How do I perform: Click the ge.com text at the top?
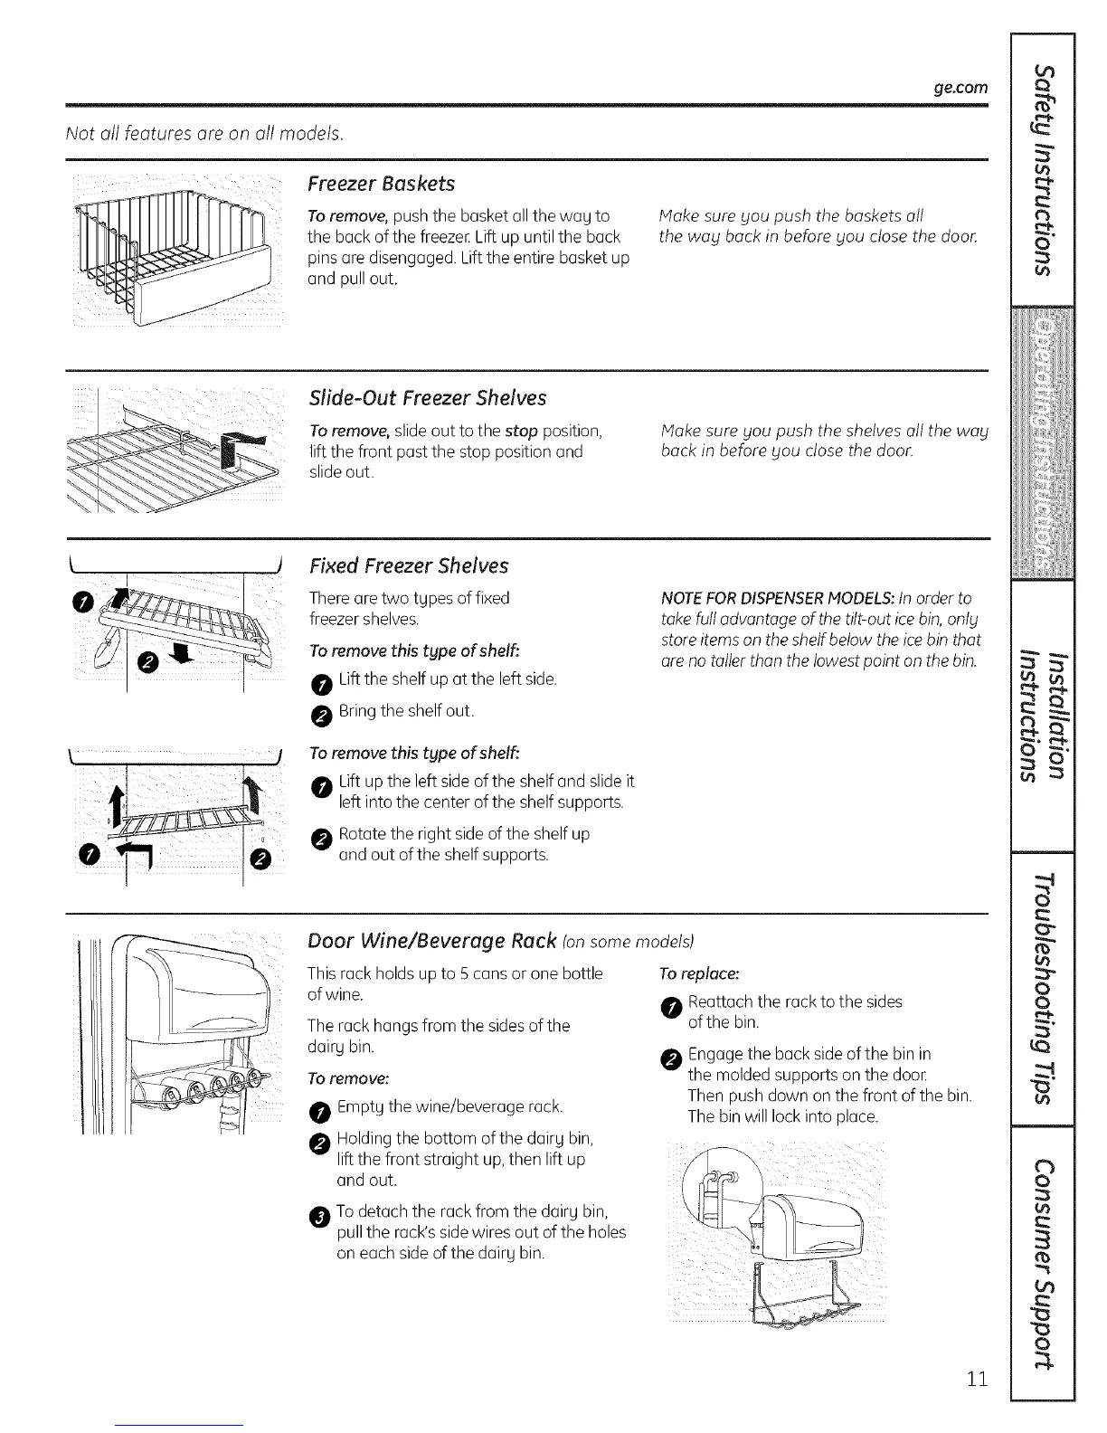click(x=962, y=89)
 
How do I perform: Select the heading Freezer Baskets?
click(x=381, y=184)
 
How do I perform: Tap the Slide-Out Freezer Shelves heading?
click(x=427, y=398)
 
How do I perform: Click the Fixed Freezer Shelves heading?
click(x=409, y=566)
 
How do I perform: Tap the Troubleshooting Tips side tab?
click(x=1044, y=988)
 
